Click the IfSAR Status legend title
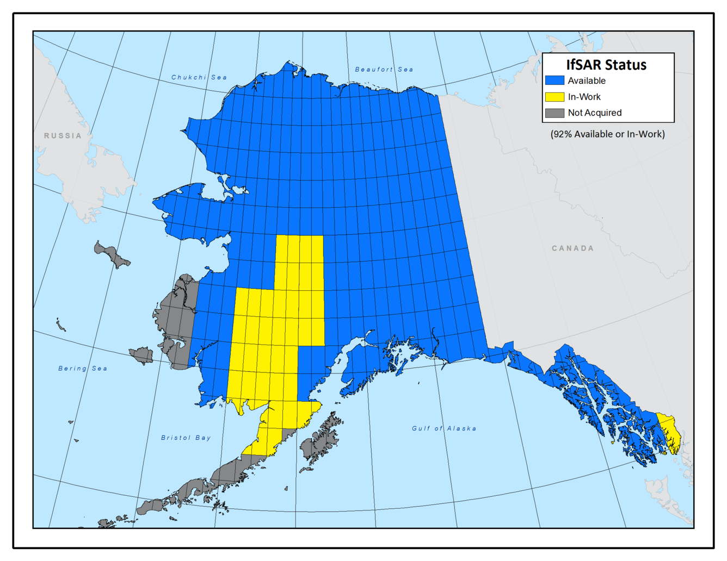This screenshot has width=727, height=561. pyautogui.click(x=606, y=65)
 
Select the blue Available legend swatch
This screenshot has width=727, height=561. pyautogui.click(x=555, y=80)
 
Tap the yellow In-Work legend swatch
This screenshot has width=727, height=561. pyautogui.click(x=555, y=97)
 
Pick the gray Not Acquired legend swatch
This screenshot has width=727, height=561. pyautogui.click(x=555, y=113)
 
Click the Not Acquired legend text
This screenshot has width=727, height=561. pyautogui.click(x=594, y=113)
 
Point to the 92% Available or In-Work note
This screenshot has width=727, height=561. pyautogui.click(x=607, y=134)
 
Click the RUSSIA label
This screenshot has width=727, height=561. pyautogui.click(x=63, y=136)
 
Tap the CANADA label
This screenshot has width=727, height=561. pyautogui.click(x=572, y=248)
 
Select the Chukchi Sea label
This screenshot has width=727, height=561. pyautogui.click(x=199, y=77)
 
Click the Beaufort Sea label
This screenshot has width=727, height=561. pyautogui.click(x=384, y=70)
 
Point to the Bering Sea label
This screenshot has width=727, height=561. pyautogui.click(x=83, y=369)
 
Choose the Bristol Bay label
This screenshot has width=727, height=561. pyautogui.click(x=186, y=438)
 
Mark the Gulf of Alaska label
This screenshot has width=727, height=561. pyautogui.click(x=443, y=428)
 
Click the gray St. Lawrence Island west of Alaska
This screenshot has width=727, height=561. pyautogui.click(x=112, y=254)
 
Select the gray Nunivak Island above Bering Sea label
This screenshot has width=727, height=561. pyautogui.click(x=143, y=356)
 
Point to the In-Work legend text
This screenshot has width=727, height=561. pyautogui.click(x=584, y=97)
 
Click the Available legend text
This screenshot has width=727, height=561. pyautogui.click(x=586, y=80)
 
